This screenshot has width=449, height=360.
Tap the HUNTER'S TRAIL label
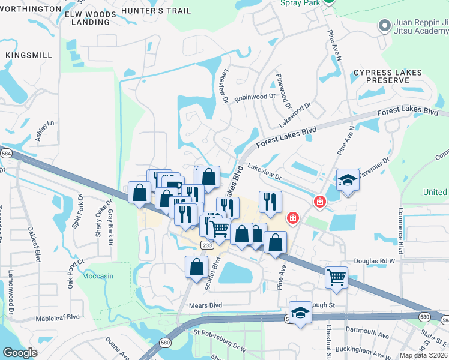(155, 11)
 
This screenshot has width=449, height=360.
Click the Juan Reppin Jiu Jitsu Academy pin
(385, 25)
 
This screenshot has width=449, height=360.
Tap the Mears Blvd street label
(206, 305)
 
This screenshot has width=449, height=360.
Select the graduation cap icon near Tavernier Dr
(347, 181)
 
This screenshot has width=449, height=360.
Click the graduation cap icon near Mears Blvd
(300, 313)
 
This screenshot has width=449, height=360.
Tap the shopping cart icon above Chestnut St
(336, 277)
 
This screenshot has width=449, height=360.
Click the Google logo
(20, 353)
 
